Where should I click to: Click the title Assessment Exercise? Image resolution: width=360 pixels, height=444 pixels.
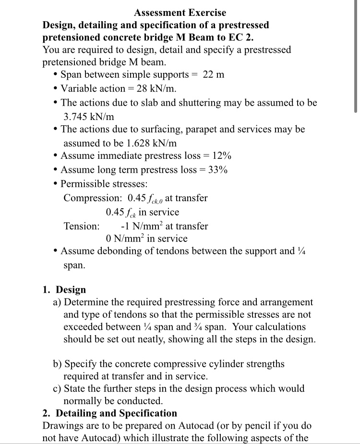pos(180,12)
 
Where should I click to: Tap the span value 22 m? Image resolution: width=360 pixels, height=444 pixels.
pos(214,75)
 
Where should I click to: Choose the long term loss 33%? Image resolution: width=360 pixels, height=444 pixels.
pos(217,170)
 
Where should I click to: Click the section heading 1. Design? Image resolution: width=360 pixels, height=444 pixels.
pos(64,290)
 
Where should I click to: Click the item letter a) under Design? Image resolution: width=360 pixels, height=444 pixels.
pos(57,302)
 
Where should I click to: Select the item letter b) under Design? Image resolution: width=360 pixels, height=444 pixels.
pos(58,364)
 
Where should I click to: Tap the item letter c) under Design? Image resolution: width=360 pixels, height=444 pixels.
pos(57,389)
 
